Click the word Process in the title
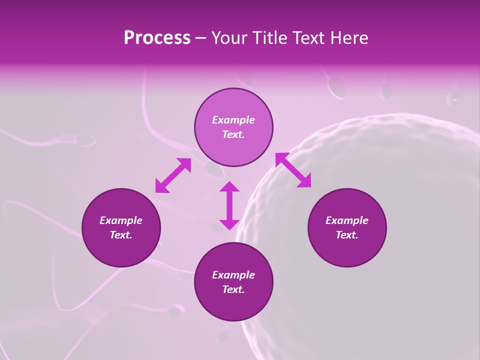click(x=157, y=38)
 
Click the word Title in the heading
click(x=270, y=38)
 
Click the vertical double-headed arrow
click(x=229, y=205)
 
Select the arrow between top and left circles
click(x=173, y=175)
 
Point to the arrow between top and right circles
click(x=293, y=170)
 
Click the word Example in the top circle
click(x=233, y=120)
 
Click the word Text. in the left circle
click(x=121, y=235)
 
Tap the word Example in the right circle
click(x=347, y=220)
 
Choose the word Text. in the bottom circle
click(x=233, y=289)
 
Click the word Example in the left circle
click(x=121, y=220)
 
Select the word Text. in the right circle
click(x=347, y=235)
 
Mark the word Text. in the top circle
click(x=233, y=134)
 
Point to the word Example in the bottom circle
click(x=233, y=275)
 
